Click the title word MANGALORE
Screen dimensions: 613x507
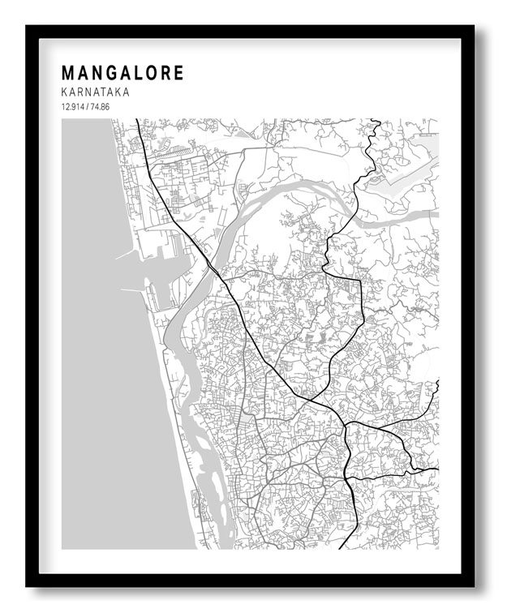(122, 74)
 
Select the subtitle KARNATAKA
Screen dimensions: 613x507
(95, 93)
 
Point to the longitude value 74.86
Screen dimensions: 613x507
(101, 107)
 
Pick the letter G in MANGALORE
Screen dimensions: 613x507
(110, 74)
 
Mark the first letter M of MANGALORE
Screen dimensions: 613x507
(68, 74)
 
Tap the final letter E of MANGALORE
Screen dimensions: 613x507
(178, 74)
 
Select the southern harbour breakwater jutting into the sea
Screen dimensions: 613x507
(130, 288)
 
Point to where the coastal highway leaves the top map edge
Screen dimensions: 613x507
(136, 120)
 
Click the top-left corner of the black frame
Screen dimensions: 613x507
(28, 27)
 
